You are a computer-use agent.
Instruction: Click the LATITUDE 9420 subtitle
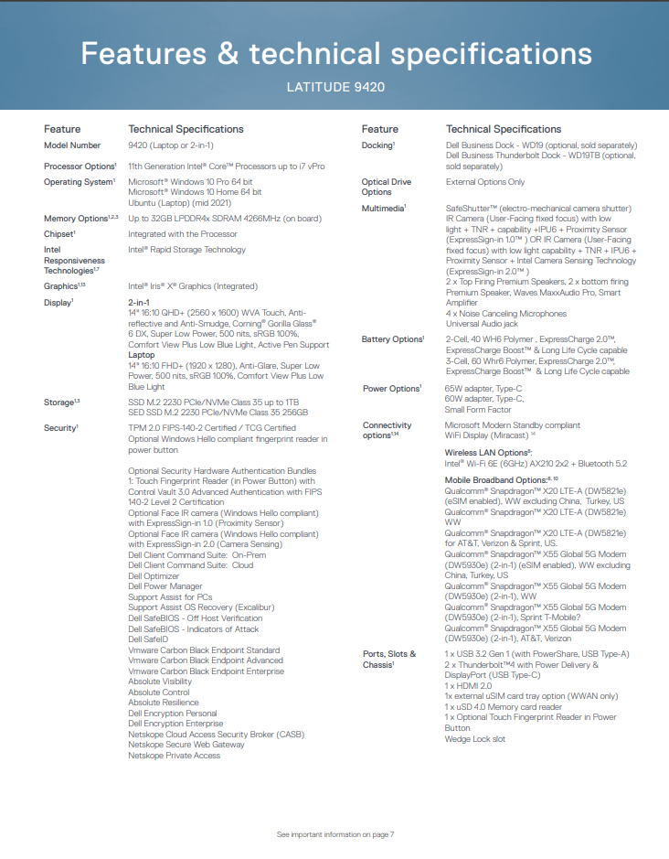(334, 88)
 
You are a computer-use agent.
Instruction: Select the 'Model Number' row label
(72, 145)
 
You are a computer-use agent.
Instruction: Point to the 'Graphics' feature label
(60, 285)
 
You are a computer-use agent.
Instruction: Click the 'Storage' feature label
(60, 403)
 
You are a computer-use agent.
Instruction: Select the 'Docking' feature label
(377, 145)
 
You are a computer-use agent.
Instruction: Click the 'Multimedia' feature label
(384, 209)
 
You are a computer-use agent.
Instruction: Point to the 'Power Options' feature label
(391, 389)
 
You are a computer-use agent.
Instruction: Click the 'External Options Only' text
(485, 182)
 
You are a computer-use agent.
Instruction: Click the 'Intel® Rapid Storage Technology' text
(186, 250)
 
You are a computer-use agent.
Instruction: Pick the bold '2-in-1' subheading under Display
(139, 301)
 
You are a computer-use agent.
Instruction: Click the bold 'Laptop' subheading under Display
(141, 355)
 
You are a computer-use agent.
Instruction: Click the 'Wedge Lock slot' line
(474, 739)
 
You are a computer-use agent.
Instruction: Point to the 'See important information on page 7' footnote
(334, 834)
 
